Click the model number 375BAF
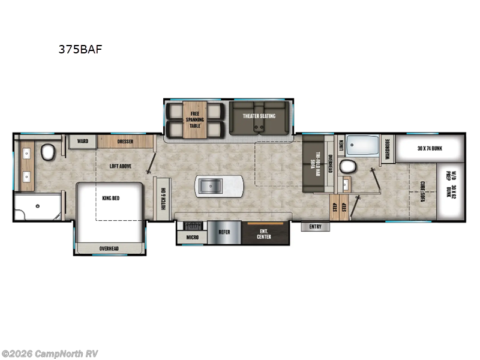pos(80,50)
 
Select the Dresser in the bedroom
pos(125,142)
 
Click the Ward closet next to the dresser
pos(83,142)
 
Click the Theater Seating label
pos(259,116)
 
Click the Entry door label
pos(315,227)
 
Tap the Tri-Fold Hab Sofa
pos(312,163)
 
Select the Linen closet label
pos(340,145)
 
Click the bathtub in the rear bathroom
pos(364,146)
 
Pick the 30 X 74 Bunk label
pos(430,148)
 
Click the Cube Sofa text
pos(422,192)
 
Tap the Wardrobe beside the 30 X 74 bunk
pos(388,148)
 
